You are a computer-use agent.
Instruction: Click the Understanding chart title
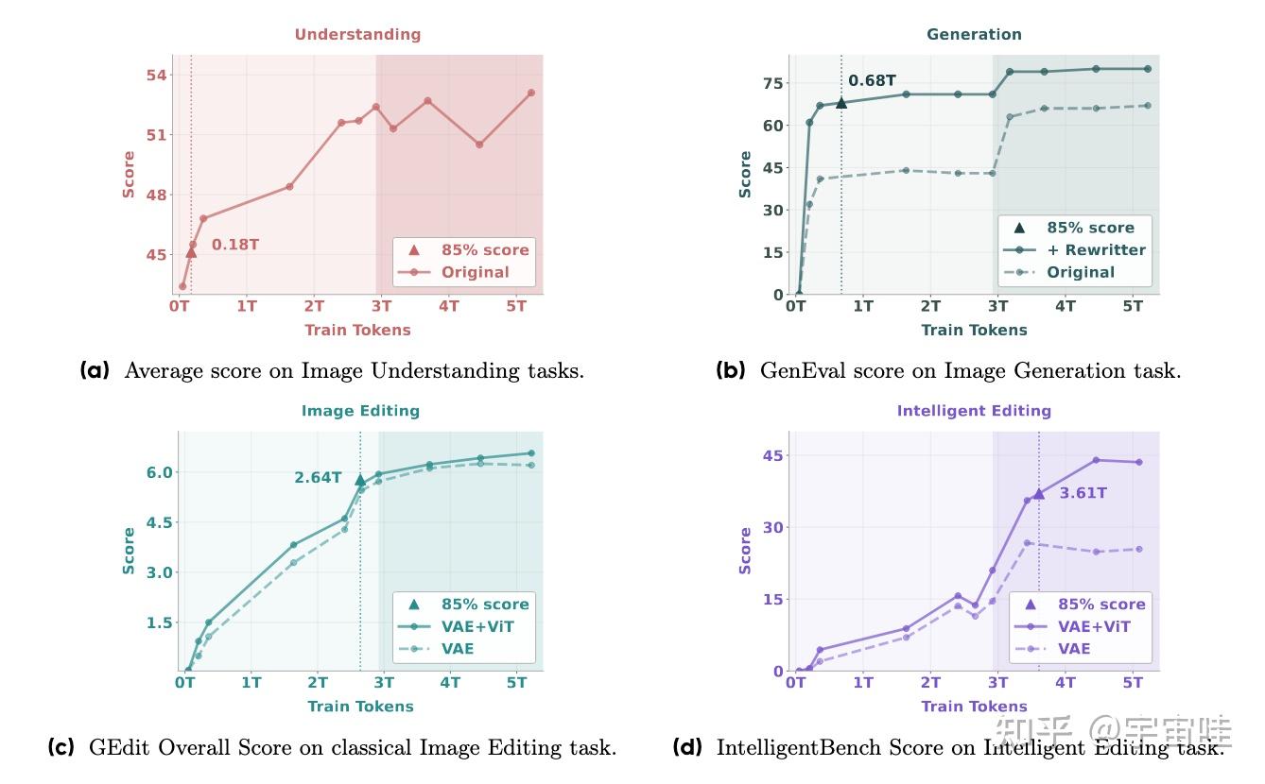pos(357,34)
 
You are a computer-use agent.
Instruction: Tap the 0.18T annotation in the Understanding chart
pos(234,245)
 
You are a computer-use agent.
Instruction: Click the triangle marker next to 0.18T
pos(191,252)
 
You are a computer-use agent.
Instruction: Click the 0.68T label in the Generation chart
pos(872,81)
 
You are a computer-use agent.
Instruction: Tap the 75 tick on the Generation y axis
pos(773,83)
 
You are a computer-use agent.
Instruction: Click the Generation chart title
pos(974,34)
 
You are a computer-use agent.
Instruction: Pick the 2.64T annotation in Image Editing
pos(318,478)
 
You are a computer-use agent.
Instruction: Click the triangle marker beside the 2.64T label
pos(360,480)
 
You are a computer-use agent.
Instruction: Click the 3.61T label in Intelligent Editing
pos(1083,493)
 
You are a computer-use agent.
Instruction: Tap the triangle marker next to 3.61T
pos(1038,493)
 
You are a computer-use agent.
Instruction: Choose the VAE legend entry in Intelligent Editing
pos(1074,649)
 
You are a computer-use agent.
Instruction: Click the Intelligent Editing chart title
pos(974,411)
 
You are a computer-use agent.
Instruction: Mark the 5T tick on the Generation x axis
pos(1133,306)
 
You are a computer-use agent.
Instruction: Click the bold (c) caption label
pos(61,748)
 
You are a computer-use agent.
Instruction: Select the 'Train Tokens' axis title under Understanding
pos(357,330)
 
